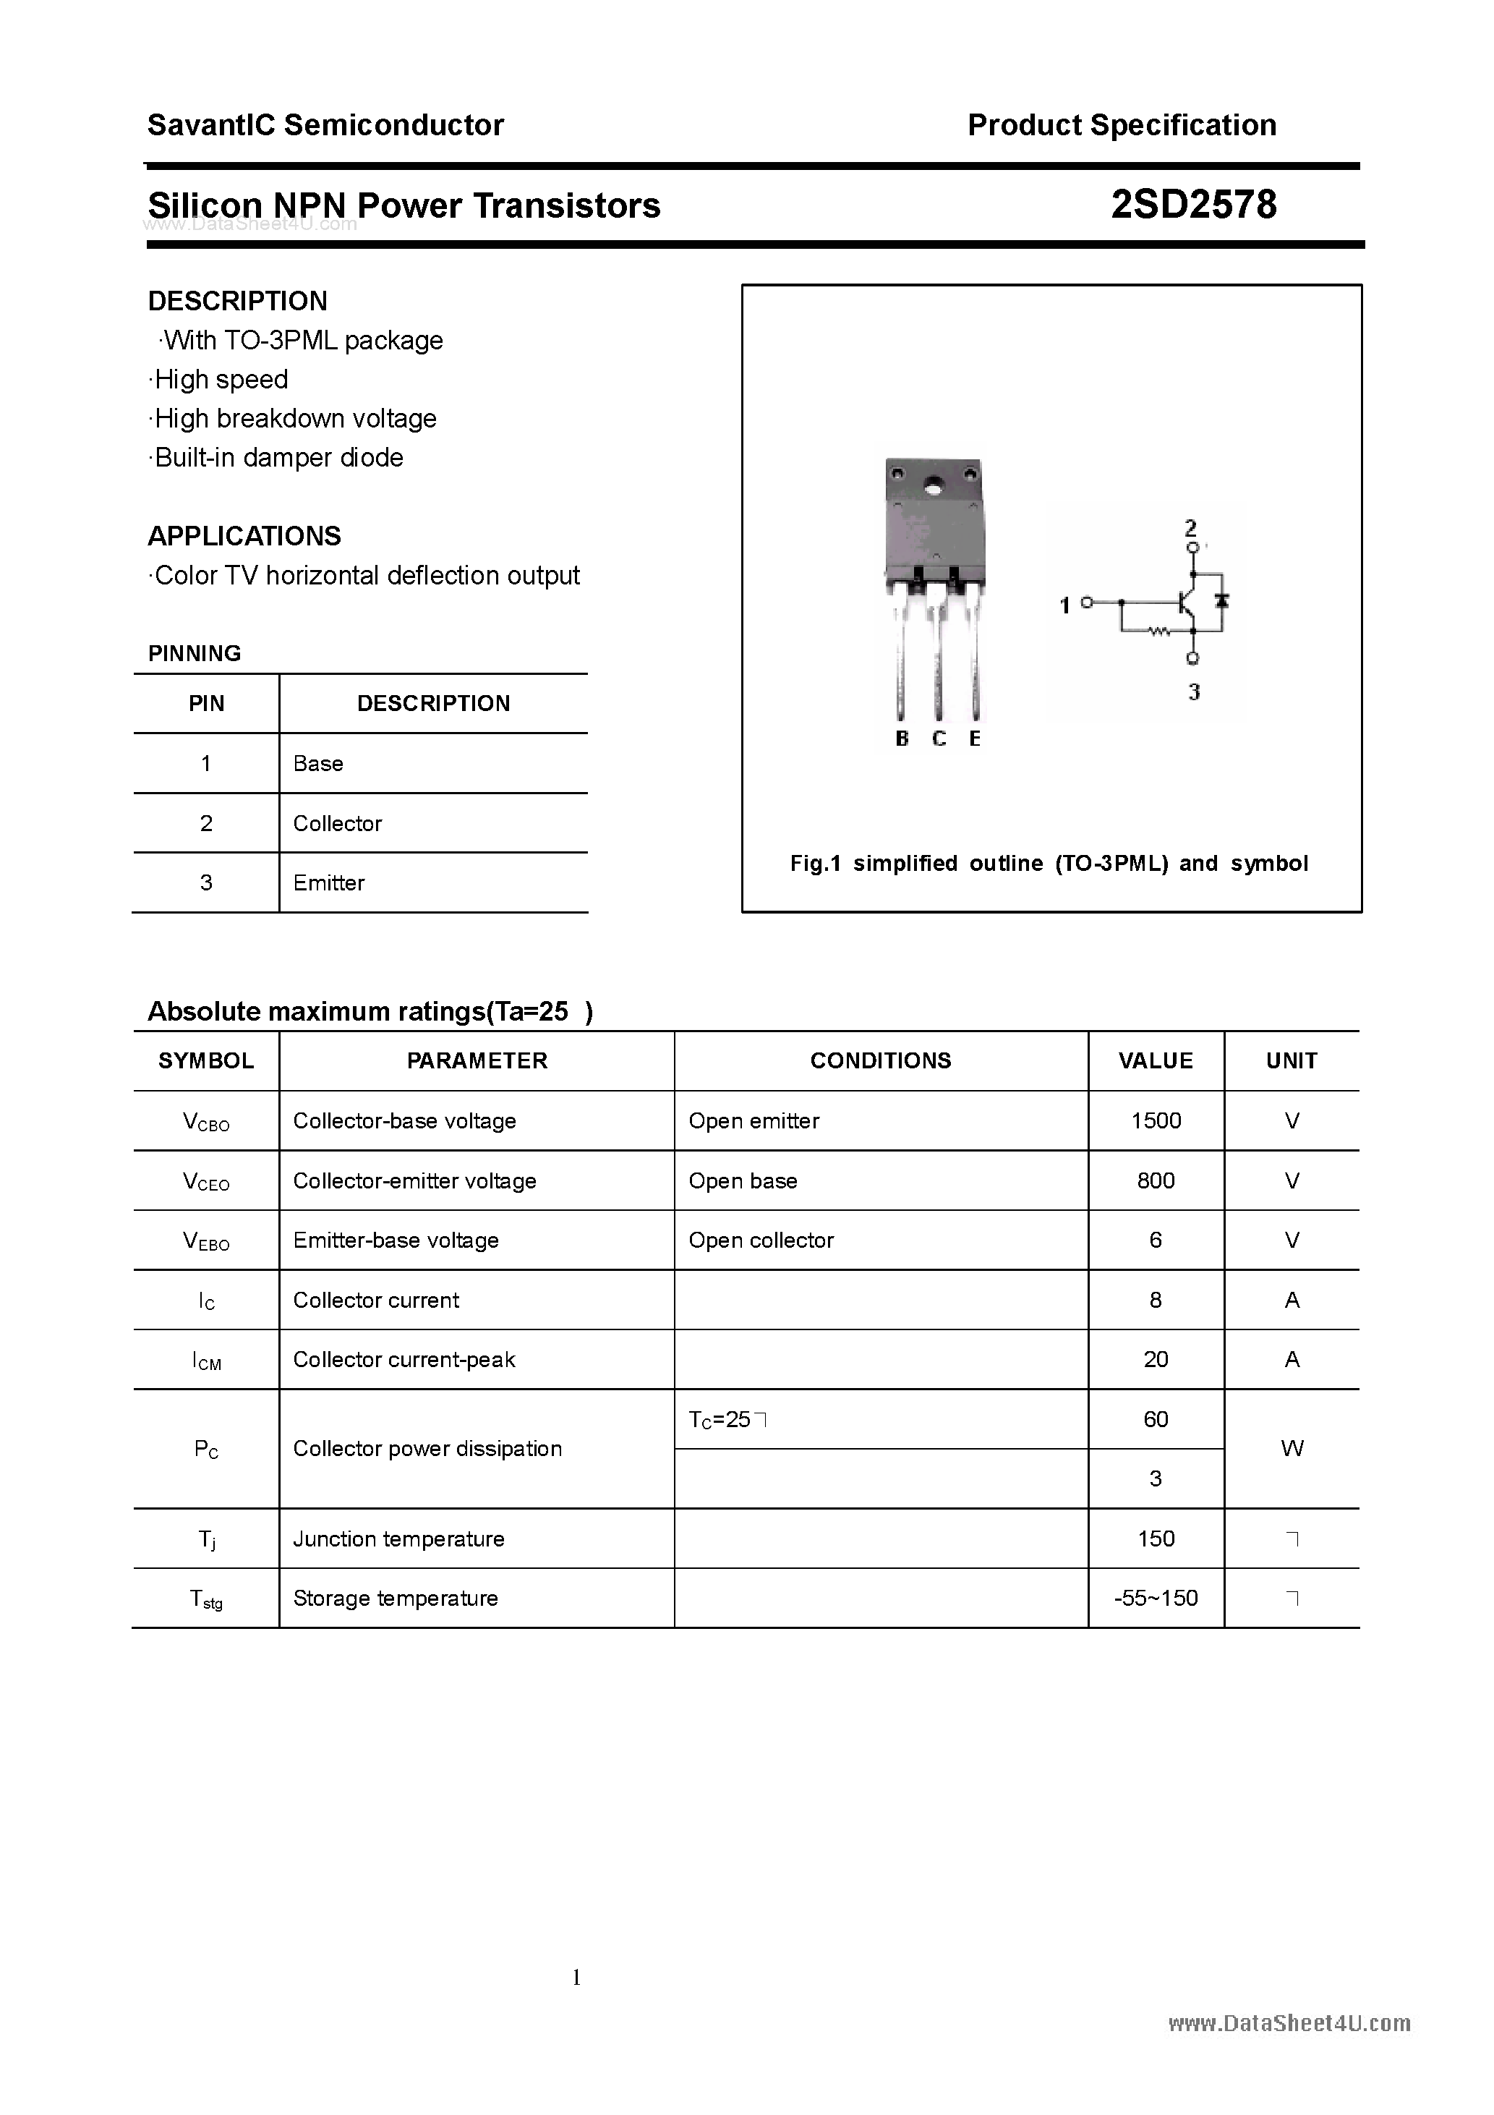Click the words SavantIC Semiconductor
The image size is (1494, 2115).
click(x=325, y=125)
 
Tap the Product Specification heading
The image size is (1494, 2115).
click(x=1121, y=125)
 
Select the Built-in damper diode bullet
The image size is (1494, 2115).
click(x=276, y=458)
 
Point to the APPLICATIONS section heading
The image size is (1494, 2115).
click(x=244, y=536)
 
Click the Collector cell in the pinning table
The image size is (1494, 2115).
click(x=337, y=824)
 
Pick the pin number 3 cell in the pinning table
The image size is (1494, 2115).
click(x=205, y=882)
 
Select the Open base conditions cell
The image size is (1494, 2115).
click(x=743, y=1181)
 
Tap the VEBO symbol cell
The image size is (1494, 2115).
click(x=205, y=1241)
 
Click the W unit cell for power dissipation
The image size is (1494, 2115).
click(x=1292, y=1449)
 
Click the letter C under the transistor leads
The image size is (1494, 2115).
click(x=939, y=739)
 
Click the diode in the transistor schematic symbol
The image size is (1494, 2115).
click(x=1222, y=602)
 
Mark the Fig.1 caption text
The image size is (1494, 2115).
click(x=1049, y=864)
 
